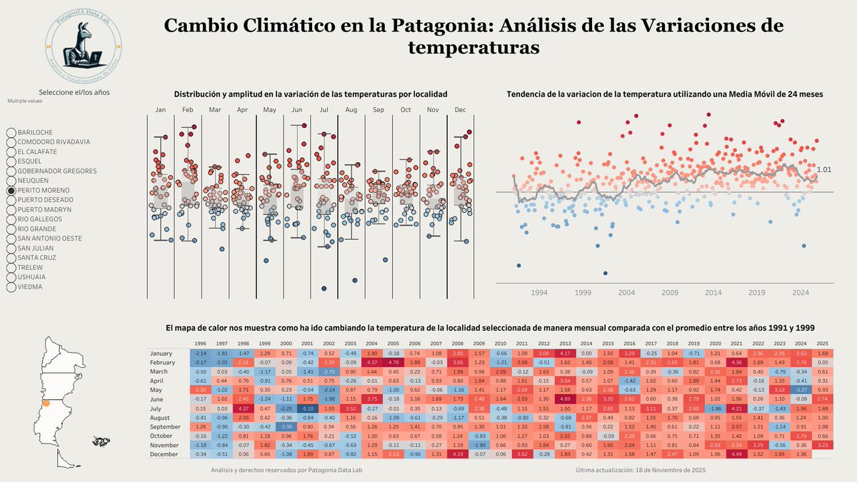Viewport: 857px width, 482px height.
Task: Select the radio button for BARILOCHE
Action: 11,133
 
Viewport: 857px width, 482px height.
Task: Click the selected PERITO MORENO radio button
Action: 11,191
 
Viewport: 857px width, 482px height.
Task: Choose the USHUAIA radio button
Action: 11,277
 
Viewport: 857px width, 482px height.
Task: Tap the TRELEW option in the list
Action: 11,268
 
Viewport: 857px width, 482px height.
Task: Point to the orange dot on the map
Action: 46,403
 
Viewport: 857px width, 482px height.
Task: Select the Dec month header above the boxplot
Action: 461,110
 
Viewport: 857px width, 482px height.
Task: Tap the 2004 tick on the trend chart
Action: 626,293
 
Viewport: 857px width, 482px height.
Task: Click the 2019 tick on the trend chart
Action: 756,293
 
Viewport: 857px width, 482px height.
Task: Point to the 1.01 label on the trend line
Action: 824,169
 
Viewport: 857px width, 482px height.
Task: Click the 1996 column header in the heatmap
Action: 201,343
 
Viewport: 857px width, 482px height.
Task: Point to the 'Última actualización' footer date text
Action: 641,470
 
